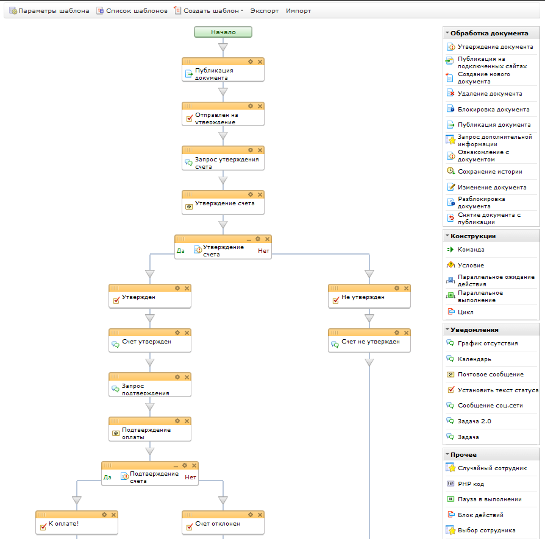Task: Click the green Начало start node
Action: click(x=223, y=32)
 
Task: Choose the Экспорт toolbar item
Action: click(x=265, y=11)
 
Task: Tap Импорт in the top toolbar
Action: click(x=298, y=11)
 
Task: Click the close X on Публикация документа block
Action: click(x=260, y=62)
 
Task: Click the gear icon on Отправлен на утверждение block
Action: click(x=251, y=106)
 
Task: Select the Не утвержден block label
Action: click(x=363, y=297)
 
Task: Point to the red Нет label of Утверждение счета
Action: click(x=263, y=250)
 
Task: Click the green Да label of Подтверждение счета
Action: click(x=107, y=477)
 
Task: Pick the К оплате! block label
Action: click(x=63, y=523)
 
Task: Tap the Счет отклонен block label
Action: click(x=218, y=523)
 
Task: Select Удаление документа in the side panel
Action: click(x=490, y=93)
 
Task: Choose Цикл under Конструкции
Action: click(x=465, y=312)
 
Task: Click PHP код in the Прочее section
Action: click(x=471, y=484)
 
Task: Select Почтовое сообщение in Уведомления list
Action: click(x=490, y=375)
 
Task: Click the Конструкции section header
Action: click(x=473, y=236)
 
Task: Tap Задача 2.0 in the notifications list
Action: click(x=474, y=421)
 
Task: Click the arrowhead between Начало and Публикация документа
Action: click(x=223, y=48)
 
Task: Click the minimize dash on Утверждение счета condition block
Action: click(x=249, y=239)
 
